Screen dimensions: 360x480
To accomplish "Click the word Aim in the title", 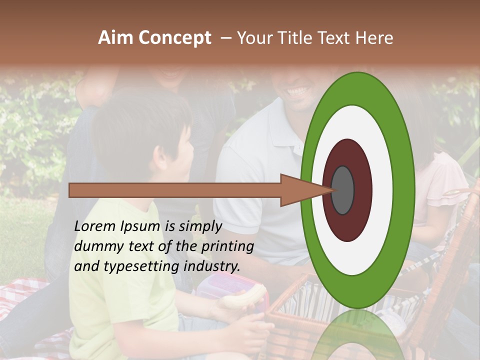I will [x=116, y=38].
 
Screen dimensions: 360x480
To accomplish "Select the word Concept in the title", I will [x=174, y=38].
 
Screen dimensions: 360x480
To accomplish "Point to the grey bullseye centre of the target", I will [x=343, y=190].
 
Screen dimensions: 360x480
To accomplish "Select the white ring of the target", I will [x=382, y=190].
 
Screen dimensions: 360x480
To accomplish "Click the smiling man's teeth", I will [x=298, y=92].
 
